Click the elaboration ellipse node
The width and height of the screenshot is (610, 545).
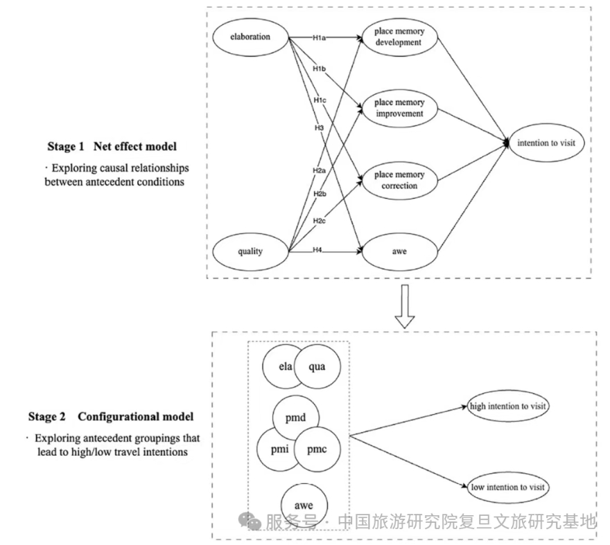click(x=250, y=37)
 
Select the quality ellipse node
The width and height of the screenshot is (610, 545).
click(x=250, y=251)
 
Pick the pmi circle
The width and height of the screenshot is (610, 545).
click(x=278, y=449)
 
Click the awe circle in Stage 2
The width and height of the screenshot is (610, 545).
click(x=302, y=505)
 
